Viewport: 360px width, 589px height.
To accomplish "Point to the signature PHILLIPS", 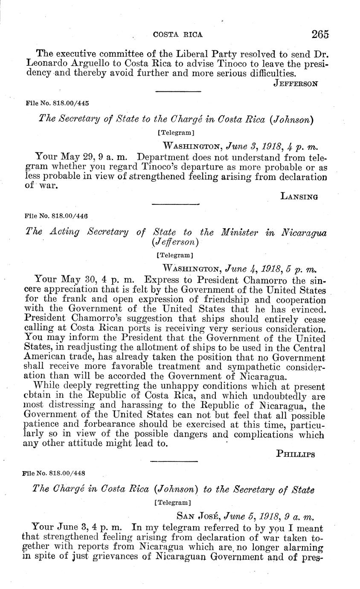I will click(296, 454).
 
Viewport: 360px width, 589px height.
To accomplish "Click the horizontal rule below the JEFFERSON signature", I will click(178, 91).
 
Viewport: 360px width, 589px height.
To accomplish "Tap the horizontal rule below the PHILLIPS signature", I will click(174, 461).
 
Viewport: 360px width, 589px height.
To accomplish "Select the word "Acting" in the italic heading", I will click(64, 232).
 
